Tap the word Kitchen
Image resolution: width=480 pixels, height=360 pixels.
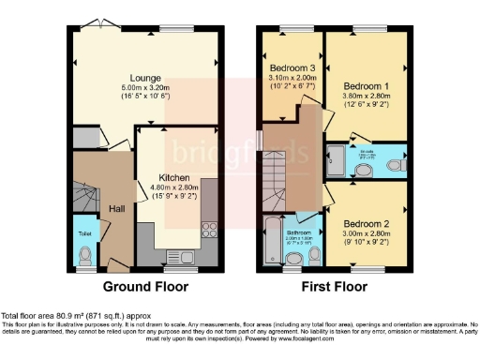pos(175,177)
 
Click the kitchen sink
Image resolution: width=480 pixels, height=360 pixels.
pos(177,255)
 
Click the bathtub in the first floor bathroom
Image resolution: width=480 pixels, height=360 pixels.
pos(271,241)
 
